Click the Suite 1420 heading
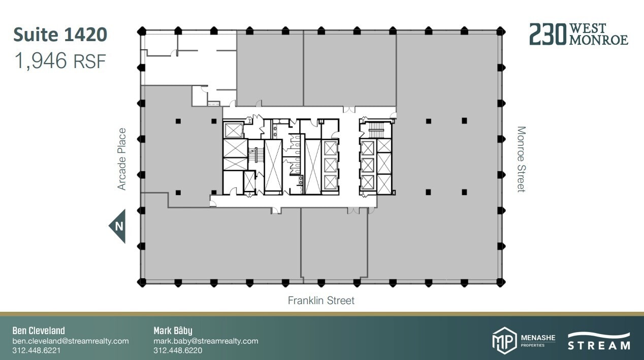(60, 35)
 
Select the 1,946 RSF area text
(60, 61)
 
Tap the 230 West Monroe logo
(578, 34)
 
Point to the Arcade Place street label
(122, 159)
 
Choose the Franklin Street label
(321, 301)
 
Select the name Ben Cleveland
(39, 331)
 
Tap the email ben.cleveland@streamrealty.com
(71, 341)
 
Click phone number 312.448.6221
(37, 351)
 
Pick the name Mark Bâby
(173, 331)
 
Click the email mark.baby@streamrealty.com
(206, 341)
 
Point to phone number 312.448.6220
(178, 351)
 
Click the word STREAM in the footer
(599, 346)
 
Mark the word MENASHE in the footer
(538, 337)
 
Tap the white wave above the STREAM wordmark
(599, 336)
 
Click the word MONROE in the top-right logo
(599, 40)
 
